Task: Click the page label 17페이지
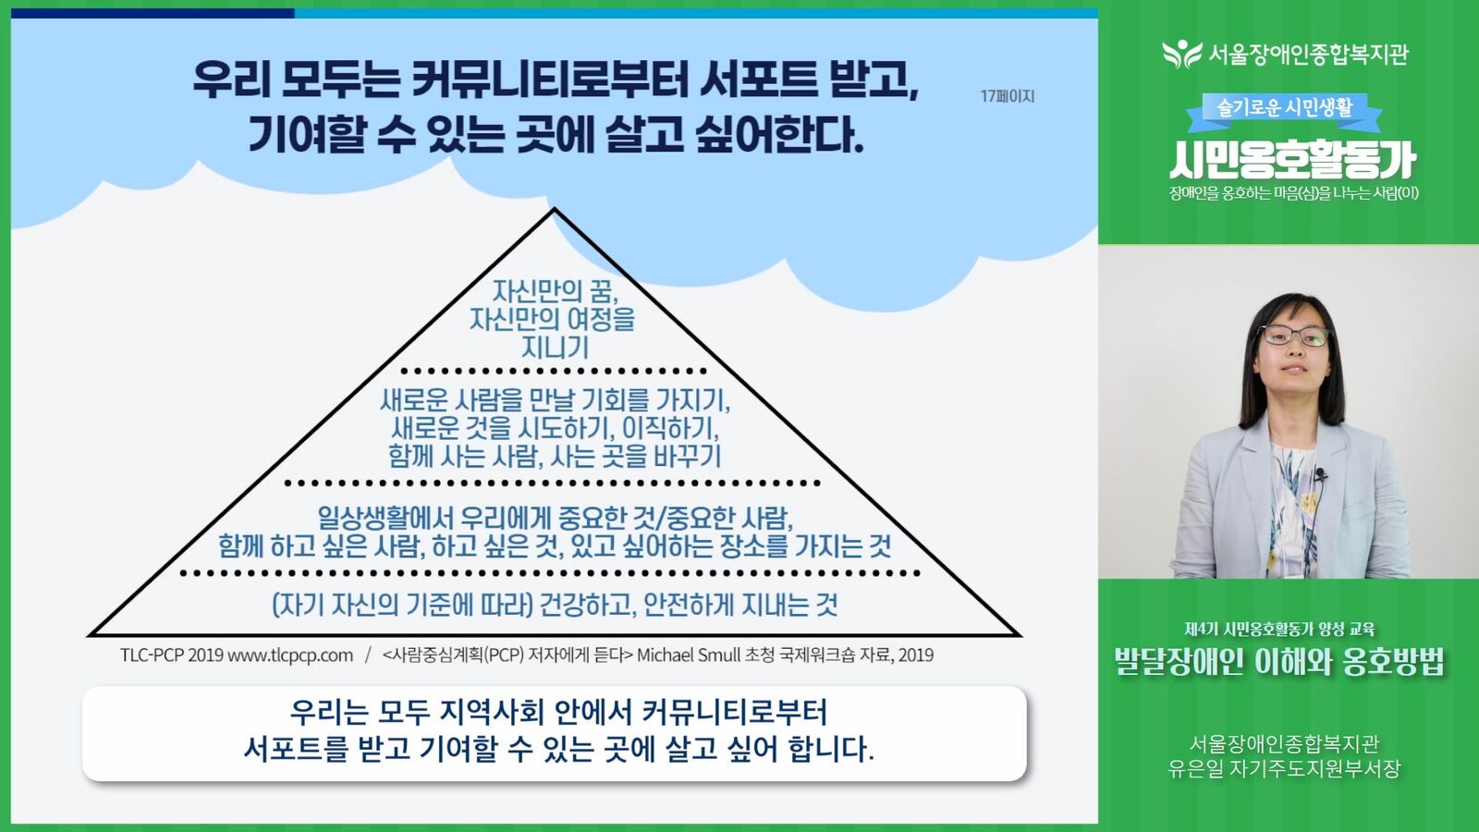[x=1007, y=96]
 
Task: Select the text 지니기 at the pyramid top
[x=555, y=348]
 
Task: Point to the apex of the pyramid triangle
[x=555, y=209]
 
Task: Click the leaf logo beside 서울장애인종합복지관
[x=1182, y=55]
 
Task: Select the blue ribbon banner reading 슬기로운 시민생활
[x=1284, y=110]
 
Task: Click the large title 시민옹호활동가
[x=1293, y=160]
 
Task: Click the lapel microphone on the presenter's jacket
[x=1320, y=473]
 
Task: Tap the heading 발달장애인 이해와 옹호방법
[x=1279, y=662]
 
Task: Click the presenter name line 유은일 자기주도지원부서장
[x=1284, y=768]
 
